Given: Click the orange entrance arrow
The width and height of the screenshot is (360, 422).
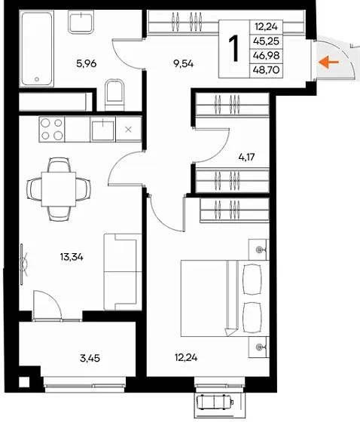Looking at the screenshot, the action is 328,62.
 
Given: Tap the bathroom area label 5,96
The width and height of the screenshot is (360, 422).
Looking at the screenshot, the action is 87,64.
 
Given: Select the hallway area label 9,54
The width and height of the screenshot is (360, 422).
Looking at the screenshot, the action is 184,64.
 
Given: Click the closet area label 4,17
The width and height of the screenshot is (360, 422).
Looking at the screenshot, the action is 246,157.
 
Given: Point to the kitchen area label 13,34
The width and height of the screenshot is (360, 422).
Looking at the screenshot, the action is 72,257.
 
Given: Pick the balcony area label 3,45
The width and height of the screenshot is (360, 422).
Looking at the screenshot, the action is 90,358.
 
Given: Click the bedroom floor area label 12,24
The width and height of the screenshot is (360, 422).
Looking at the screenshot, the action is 186,357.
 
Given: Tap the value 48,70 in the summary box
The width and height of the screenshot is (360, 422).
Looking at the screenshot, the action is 266,70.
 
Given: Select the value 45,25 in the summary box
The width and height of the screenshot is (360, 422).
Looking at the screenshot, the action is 266,41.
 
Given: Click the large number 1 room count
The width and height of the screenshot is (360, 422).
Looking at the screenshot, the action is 234,48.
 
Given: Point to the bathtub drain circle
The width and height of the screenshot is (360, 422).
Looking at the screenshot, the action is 37,79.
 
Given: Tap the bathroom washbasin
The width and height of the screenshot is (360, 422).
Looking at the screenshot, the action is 81,22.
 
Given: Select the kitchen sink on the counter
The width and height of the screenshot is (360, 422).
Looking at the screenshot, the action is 102,129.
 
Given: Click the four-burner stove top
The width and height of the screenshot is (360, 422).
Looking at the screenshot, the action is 52,129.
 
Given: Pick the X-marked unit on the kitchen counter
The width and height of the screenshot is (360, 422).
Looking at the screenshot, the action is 128,129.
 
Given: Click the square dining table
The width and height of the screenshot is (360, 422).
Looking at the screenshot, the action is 59,189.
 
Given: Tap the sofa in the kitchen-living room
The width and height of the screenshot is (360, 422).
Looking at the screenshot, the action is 123,272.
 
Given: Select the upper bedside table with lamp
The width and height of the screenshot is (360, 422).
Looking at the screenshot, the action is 259,249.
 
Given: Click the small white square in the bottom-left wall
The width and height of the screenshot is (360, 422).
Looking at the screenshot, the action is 24,382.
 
